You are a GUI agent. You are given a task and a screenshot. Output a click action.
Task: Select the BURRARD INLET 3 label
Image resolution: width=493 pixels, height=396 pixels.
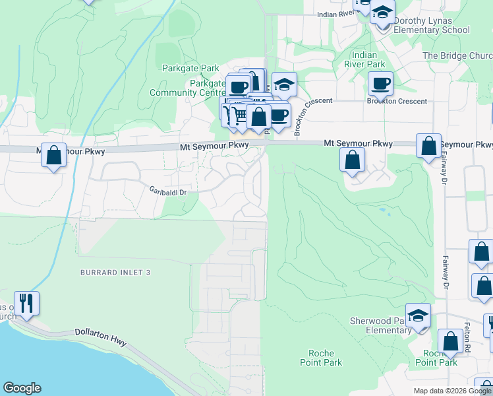pyautogui.click(x=116, y=273)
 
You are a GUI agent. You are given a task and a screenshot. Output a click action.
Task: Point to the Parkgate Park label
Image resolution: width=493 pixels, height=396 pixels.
pyautogui.click(x=190, y=68)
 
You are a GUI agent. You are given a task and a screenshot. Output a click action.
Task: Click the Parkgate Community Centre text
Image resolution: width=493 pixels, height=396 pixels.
pyautogui.click(x=188, y=88)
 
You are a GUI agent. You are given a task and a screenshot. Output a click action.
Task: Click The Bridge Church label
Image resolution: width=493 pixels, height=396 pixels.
pyautogui.click(x=457, y=56)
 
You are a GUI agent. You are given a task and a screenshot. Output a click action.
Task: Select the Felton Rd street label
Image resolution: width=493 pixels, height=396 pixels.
pyautogui.click(x=467, y=339)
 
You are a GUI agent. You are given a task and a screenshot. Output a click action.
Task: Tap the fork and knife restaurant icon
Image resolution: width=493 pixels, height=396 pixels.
pyautogui.click(x=26, y=303)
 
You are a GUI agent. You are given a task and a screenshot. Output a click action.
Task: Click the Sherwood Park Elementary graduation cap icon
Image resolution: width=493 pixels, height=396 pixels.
pyautogui.click(x=418, y=315)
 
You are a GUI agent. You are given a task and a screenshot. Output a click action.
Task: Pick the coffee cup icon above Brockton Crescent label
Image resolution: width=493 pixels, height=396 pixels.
pyautogui.click(x=380, y=83)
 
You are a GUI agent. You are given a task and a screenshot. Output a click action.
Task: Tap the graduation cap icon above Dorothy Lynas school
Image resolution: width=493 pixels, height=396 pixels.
pyautogui.click(x=382, y=12)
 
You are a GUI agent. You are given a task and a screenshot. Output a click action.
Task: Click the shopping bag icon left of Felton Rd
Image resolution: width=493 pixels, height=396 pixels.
pyautogui.click(x=451, y=341)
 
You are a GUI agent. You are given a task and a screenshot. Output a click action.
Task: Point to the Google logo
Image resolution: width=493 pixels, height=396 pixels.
pyautogui.click(x=22, y=388)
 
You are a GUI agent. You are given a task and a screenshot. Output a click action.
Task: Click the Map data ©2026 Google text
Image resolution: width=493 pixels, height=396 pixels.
pyautogui.click(x=452, y=391)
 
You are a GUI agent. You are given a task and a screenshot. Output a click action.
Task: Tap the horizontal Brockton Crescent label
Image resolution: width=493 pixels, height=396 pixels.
pyautogui.click(x=397, y=102)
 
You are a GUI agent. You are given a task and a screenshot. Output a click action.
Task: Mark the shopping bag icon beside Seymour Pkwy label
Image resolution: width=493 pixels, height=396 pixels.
pyautogui.click(x=428, y=146)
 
